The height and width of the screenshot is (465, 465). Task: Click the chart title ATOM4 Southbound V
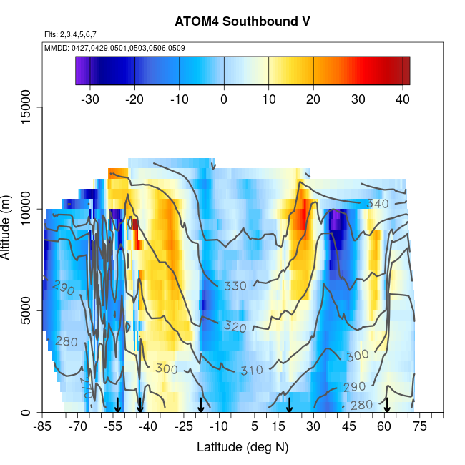242,21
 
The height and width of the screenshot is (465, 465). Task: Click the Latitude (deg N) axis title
242,447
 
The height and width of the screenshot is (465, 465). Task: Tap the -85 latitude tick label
43,426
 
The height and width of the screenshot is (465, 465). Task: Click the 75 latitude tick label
419,426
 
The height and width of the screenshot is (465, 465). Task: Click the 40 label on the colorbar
401,99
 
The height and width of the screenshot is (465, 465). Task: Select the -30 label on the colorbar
90,99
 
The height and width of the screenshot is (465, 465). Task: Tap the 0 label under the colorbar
224,99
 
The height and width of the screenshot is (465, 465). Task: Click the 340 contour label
377,205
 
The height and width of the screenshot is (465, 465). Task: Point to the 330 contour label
235,286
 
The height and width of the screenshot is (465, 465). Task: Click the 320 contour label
235,326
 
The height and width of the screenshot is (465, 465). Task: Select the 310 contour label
251,371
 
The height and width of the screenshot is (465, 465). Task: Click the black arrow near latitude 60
387,406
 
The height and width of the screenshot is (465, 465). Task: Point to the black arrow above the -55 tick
117,406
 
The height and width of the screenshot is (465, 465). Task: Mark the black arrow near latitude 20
289,406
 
